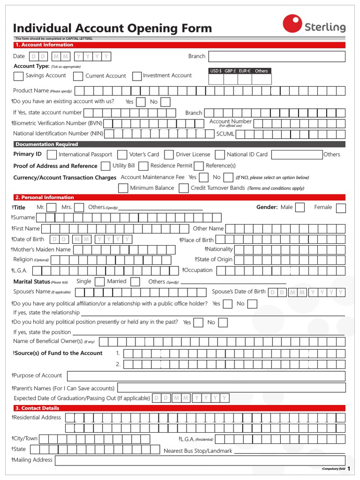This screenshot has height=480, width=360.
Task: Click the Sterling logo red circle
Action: coord(292,23)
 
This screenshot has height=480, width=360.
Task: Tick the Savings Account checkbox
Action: coord(18,76)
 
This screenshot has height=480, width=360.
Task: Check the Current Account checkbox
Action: coord(78,76)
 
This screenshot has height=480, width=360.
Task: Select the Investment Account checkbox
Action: coord(137,76)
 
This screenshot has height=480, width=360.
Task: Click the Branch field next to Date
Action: coord(277,57)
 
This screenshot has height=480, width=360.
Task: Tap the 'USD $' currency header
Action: coord(216,71)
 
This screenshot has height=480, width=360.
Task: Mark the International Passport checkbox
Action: coord(52,155)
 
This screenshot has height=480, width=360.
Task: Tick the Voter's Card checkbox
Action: coord(122,155)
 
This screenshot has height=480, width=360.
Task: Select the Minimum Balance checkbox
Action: coord(123,188)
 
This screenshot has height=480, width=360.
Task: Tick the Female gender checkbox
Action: coord(341,208)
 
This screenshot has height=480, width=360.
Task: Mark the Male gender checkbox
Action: coord(300,208)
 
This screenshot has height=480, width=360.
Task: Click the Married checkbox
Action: coord(135,282)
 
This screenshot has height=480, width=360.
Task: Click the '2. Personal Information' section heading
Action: coord(45,197)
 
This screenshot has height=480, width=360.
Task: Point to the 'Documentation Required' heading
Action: coord(46,144)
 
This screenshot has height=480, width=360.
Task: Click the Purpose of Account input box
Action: coord(206,376)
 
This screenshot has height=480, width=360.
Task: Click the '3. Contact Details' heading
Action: coord(37,408)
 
